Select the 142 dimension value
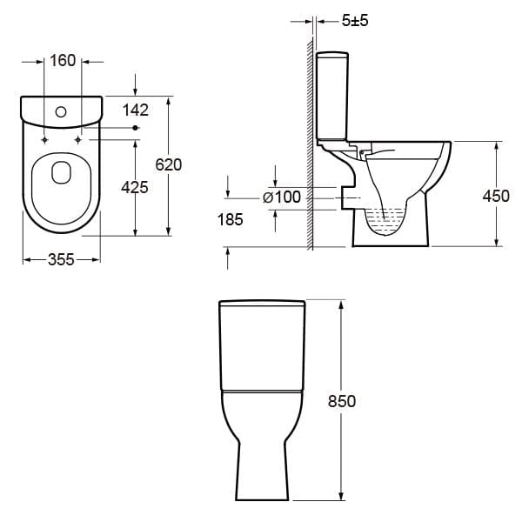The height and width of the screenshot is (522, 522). click(137, 110)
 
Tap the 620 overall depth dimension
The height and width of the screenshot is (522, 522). click(167, 164)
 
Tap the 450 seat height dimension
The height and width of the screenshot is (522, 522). click(496, 196)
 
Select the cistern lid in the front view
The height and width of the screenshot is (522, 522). click(261, 304)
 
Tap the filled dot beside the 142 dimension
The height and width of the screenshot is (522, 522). click(134, 128)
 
